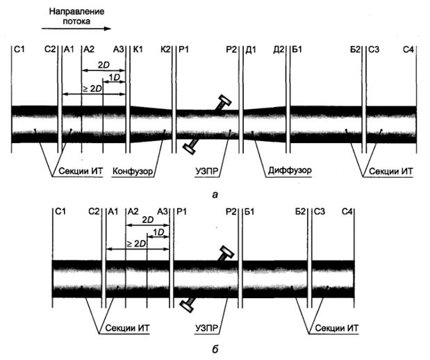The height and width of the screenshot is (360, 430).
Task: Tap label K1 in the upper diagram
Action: pyautogui.click(x=137, y=50)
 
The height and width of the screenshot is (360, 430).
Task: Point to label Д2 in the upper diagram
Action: pyautogui.click(x=279, y=50)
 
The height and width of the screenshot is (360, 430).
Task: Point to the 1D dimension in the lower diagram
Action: pyautogui.click(x=158, y=231)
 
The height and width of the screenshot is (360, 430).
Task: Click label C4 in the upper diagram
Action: pyautogui.click(x=409, y=50)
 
